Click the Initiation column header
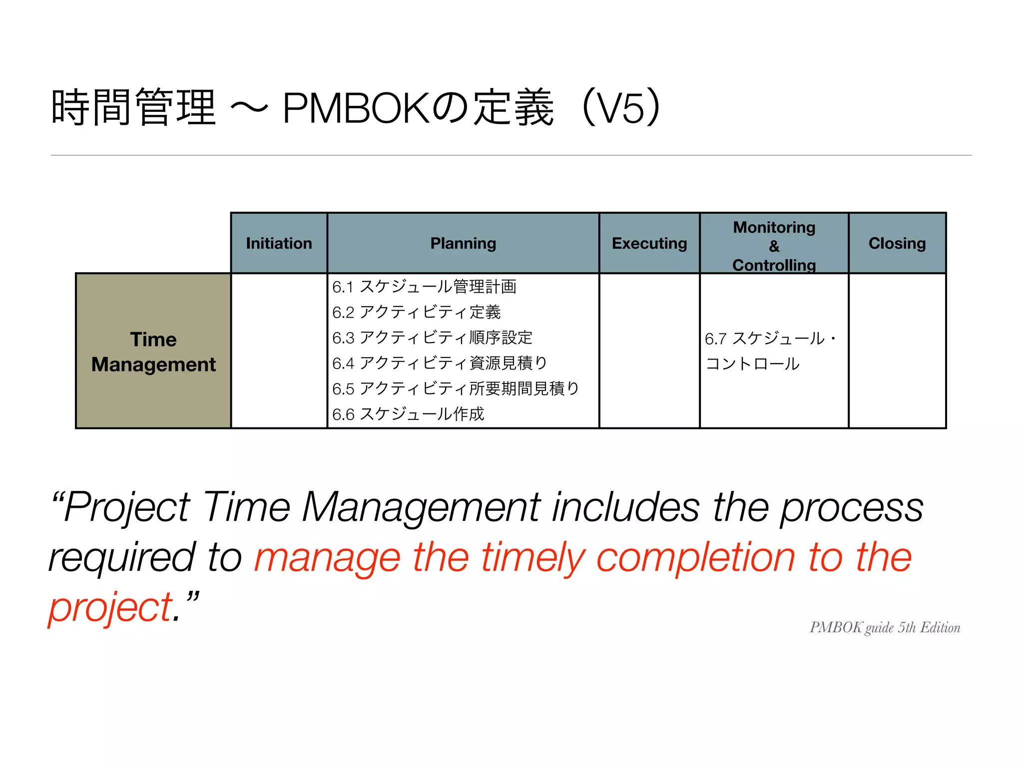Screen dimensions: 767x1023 pyautogui.click(x=279, y=243)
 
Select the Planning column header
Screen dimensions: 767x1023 pyautogui.click(x=463, y=243)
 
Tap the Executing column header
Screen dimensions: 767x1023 pyautogui.click(x=649, y=243)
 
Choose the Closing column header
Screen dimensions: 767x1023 pyautogui.click(x=897, y=243)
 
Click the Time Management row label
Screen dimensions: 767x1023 pyautogui.click(x=153, y=352)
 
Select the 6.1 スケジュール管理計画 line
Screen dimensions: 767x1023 pyautogui.click(x=424, y=287)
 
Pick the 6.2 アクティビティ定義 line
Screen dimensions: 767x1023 pyautogui.click(x=416, y=312)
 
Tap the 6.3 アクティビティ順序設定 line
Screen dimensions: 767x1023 pyautogui.click(x=432, y=338)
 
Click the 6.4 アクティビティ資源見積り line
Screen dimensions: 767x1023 pyautogui.click(x=440, y=363)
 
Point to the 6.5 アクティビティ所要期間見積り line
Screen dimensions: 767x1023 pyautogui.click(x=456, y=388)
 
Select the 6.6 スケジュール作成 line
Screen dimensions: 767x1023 pyautogui.click(x=408, y=414)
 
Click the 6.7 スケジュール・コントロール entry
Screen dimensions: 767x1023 pyautogui.click(x=769, y=351)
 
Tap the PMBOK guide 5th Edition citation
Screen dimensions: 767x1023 pyautogui.click(x=885, y=628)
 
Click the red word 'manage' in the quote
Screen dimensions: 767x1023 pyautogui.click(x=327, y=558)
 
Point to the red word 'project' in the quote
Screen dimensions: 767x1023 pyautogui.click(x=110, y=608)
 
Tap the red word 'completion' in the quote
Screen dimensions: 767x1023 pyautogui.click(x=695, y=558)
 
